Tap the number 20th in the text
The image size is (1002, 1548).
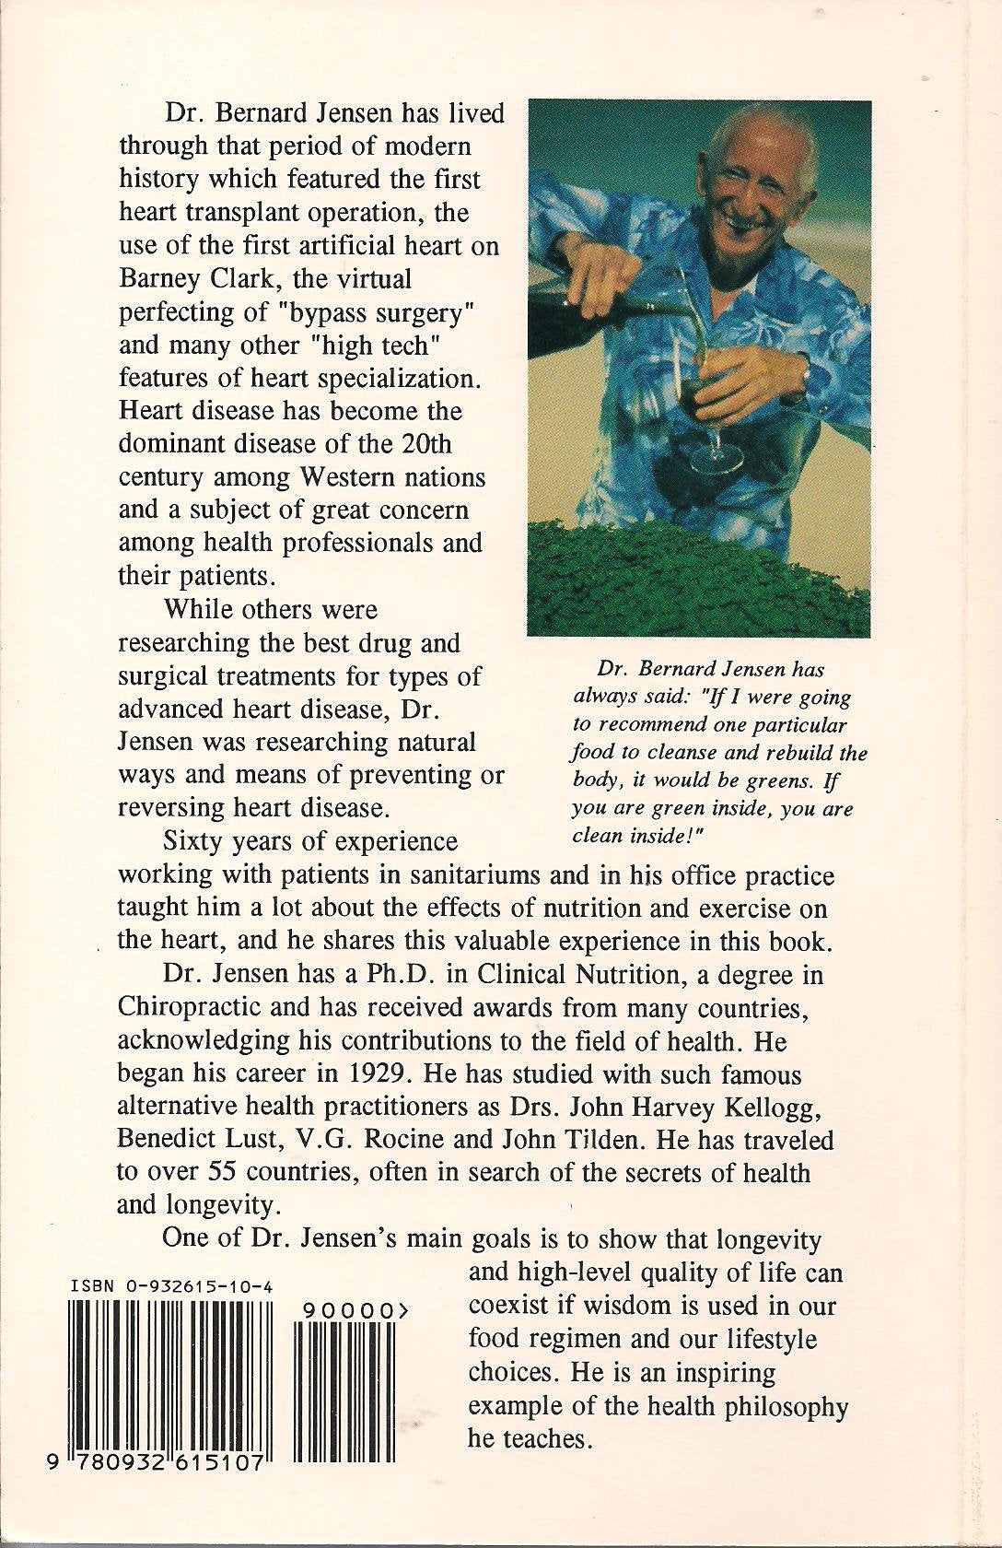coord(427,444)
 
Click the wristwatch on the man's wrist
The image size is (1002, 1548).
coord(804,371)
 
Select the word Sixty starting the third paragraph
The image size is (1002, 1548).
coord(193,842)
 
